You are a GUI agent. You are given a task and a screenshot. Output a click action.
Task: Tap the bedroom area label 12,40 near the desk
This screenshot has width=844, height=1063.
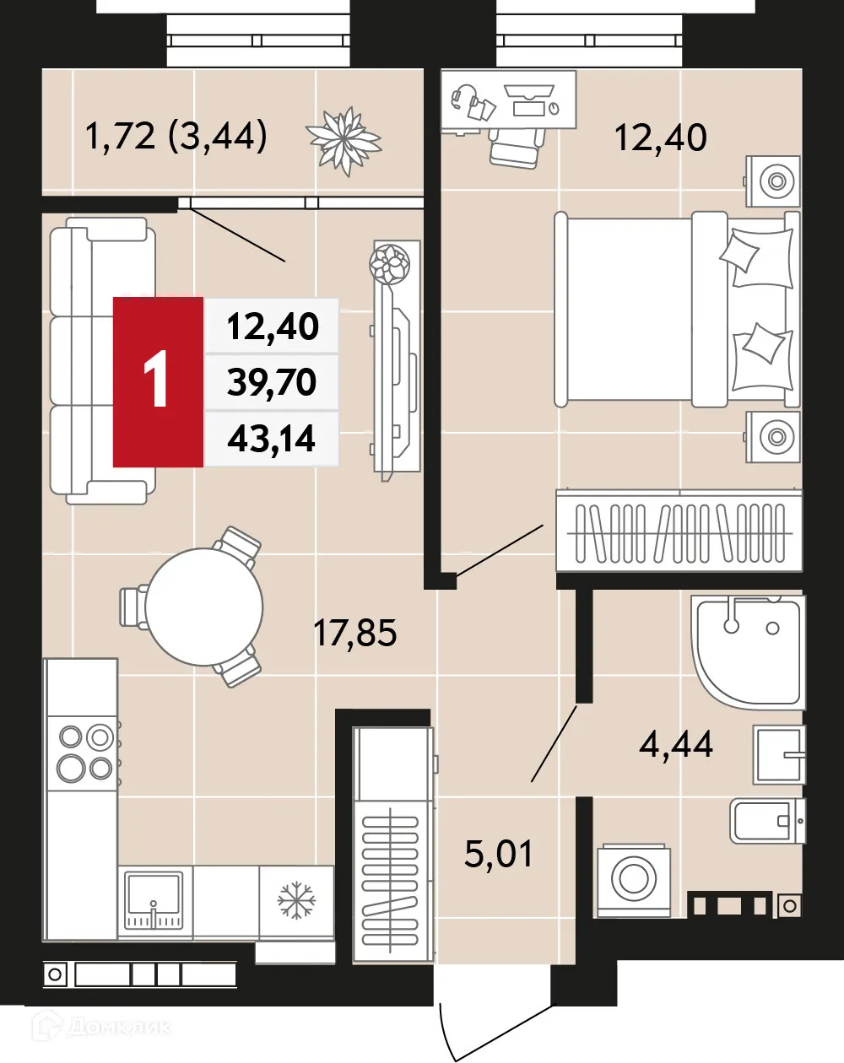[x=660, y=137]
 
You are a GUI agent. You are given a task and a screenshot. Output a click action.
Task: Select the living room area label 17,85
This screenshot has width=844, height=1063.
[x=354, y=632]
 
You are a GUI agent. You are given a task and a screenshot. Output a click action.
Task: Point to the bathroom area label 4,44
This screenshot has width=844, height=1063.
[x=675, y=744]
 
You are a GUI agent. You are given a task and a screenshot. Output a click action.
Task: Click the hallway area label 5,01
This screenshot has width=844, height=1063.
[x=499, y=854]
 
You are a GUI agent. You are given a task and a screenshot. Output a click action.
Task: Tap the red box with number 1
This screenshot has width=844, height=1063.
[x=159, y=381]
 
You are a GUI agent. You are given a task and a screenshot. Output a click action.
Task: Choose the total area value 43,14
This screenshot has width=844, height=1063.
[x=272, y=439]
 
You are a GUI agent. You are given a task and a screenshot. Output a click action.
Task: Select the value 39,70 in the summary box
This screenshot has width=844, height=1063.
[x=272, y=382]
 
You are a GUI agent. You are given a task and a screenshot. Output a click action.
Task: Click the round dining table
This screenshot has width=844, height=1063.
[x=203, y=606]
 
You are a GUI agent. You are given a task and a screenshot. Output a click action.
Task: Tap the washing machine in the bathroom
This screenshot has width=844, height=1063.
[x=633, y=879]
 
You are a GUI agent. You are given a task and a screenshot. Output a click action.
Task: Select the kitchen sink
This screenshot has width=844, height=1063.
[x=154, y=900]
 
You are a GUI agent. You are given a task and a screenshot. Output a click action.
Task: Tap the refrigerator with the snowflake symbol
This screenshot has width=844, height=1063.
[x=296, y=901]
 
